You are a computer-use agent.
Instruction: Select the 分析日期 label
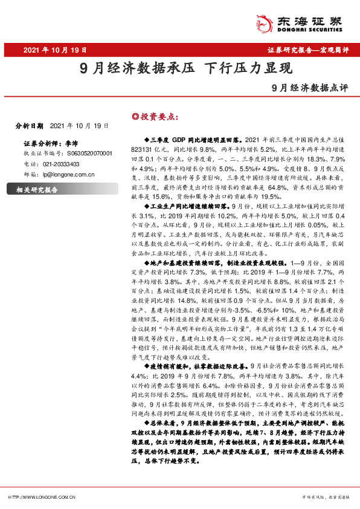click(28, 126)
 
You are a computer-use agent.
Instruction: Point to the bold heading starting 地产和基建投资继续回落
click(217, 264)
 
